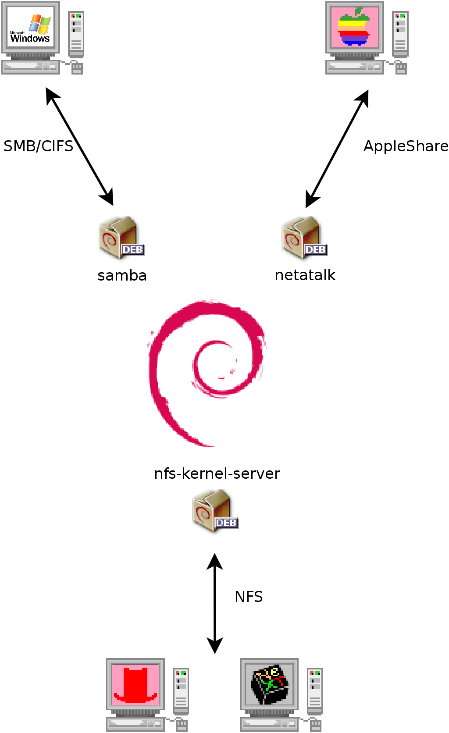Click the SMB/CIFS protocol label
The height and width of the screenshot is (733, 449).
[x=39, y=146]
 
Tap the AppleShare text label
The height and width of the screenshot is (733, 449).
[x=406, y=146]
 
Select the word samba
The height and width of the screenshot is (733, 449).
[x=122, y=275]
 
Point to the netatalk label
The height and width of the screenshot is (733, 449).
[x=305, y=275]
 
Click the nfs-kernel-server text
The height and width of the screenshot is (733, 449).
[x=217, y=473]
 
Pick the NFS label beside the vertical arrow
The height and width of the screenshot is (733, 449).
[x=249, y=597]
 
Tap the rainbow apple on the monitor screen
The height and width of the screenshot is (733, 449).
[x=354, y=27]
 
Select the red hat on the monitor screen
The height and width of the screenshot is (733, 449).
[x=135, y=684]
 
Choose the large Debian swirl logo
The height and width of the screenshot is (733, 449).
[x=206, y=373]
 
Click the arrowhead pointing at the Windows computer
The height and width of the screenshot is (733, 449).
[x=51, y=95]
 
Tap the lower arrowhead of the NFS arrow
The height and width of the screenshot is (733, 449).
[x=215, y=646]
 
